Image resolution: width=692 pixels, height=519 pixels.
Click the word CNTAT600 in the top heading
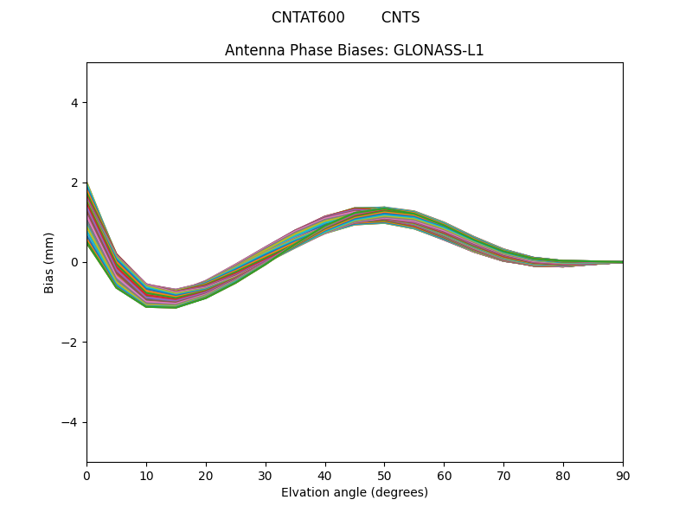point(308,17)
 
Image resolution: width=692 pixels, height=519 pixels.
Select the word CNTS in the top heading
point(400,17)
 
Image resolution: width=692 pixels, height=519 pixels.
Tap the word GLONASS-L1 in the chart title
point(439,50)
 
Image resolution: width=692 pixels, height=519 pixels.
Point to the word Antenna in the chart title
point(253,50)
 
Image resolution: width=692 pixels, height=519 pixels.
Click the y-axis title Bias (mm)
point(50,262)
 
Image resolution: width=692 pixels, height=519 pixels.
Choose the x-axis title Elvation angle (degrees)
point(355,493)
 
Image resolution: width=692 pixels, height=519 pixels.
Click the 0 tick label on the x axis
point(86,475)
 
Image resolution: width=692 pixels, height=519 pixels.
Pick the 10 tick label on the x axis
point(146,475)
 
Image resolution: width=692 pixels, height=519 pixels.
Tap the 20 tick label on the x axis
point(206,475)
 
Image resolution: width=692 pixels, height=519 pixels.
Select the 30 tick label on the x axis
point(266,475)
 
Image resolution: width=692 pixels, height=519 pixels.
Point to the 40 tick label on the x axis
point(325,475)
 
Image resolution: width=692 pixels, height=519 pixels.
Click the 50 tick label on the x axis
point(384,475)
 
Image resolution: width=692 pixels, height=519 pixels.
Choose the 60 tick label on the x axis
point(444,475)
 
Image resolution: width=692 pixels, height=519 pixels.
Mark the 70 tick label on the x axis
point(503,475)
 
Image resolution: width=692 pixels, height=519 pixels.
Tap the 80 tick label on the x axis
point(563,475)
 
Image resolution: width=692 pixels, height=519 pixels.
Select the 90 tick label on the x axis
point(623,475)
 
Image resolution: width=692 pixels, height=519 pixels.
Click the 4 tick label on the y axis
point(75,102)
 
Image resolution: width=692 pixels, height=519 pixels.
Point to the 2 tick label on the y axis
point(75,183)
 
